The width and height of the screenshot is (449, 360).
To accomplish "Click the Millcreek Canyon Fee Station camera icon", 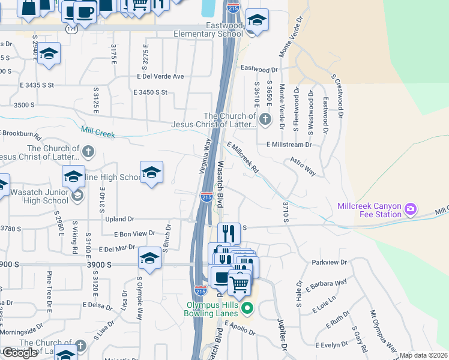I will coord(411,209).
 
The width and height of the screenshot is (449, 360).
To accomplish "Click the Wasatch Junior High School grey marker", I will coord(76,196).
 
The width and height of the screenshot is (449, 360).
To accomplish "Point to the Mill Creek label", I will coord(98,131).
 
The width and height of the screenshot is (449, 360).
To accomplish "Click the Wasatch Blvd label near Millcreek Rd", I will coord(220,184).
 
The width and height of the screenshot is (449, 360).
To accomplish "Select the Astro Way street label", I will coord(303,167).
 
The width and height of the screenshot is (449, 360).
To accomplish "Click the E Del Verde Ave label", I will coord(160,76).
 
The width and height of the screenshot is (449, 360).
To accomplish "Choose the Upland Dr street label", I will coord(119,220).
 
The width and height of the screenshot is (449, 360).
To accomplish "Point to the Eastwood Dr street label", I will coord(261,69).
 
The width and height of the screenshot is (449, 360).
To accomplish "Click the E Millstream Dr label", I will coord(289,145).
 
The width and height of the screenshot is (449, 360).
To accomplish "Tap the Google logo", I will coord(20,353).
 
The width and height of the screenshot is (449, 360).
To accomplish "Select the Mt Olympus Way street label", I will coord(383,331).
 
